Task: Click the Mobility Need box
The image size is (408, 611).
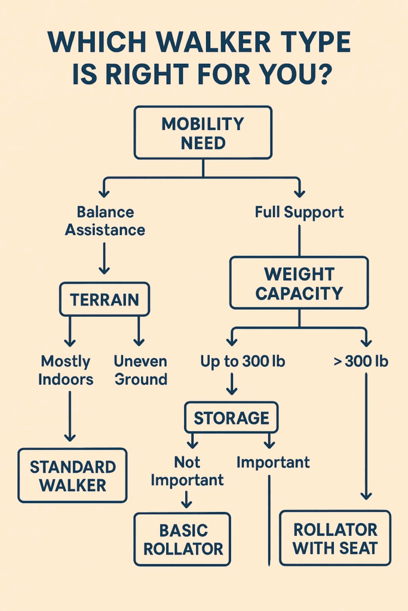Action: point(203,132)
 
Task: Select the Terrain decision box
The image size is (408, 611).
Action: point(105,299)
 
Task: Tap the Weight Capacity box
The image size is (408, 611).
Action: point(299,283)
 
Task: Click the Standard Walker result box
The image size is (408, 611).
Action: point(72,475)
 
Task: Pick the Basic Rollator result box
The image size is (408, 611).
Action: point(183,539)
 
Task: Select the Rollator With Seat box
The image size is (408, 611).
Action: point(335,538)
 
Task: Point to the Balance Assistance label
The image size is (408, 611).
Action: point(105,221)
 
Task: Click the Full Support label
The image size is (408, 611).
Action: point(299,212)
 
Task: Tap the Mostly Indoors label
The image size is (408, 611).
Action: point(66,370)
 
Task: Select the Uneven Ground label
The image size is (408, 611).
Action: point(140,370)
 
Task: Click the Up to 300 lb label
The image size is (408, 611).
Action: point(234,362)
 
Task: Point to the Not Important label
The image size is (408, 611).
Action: point(187,471)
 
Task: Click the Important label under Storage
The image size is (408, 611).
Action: point(273,462)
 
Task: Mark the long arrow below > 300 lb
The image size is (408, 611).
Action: point(366,436)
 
